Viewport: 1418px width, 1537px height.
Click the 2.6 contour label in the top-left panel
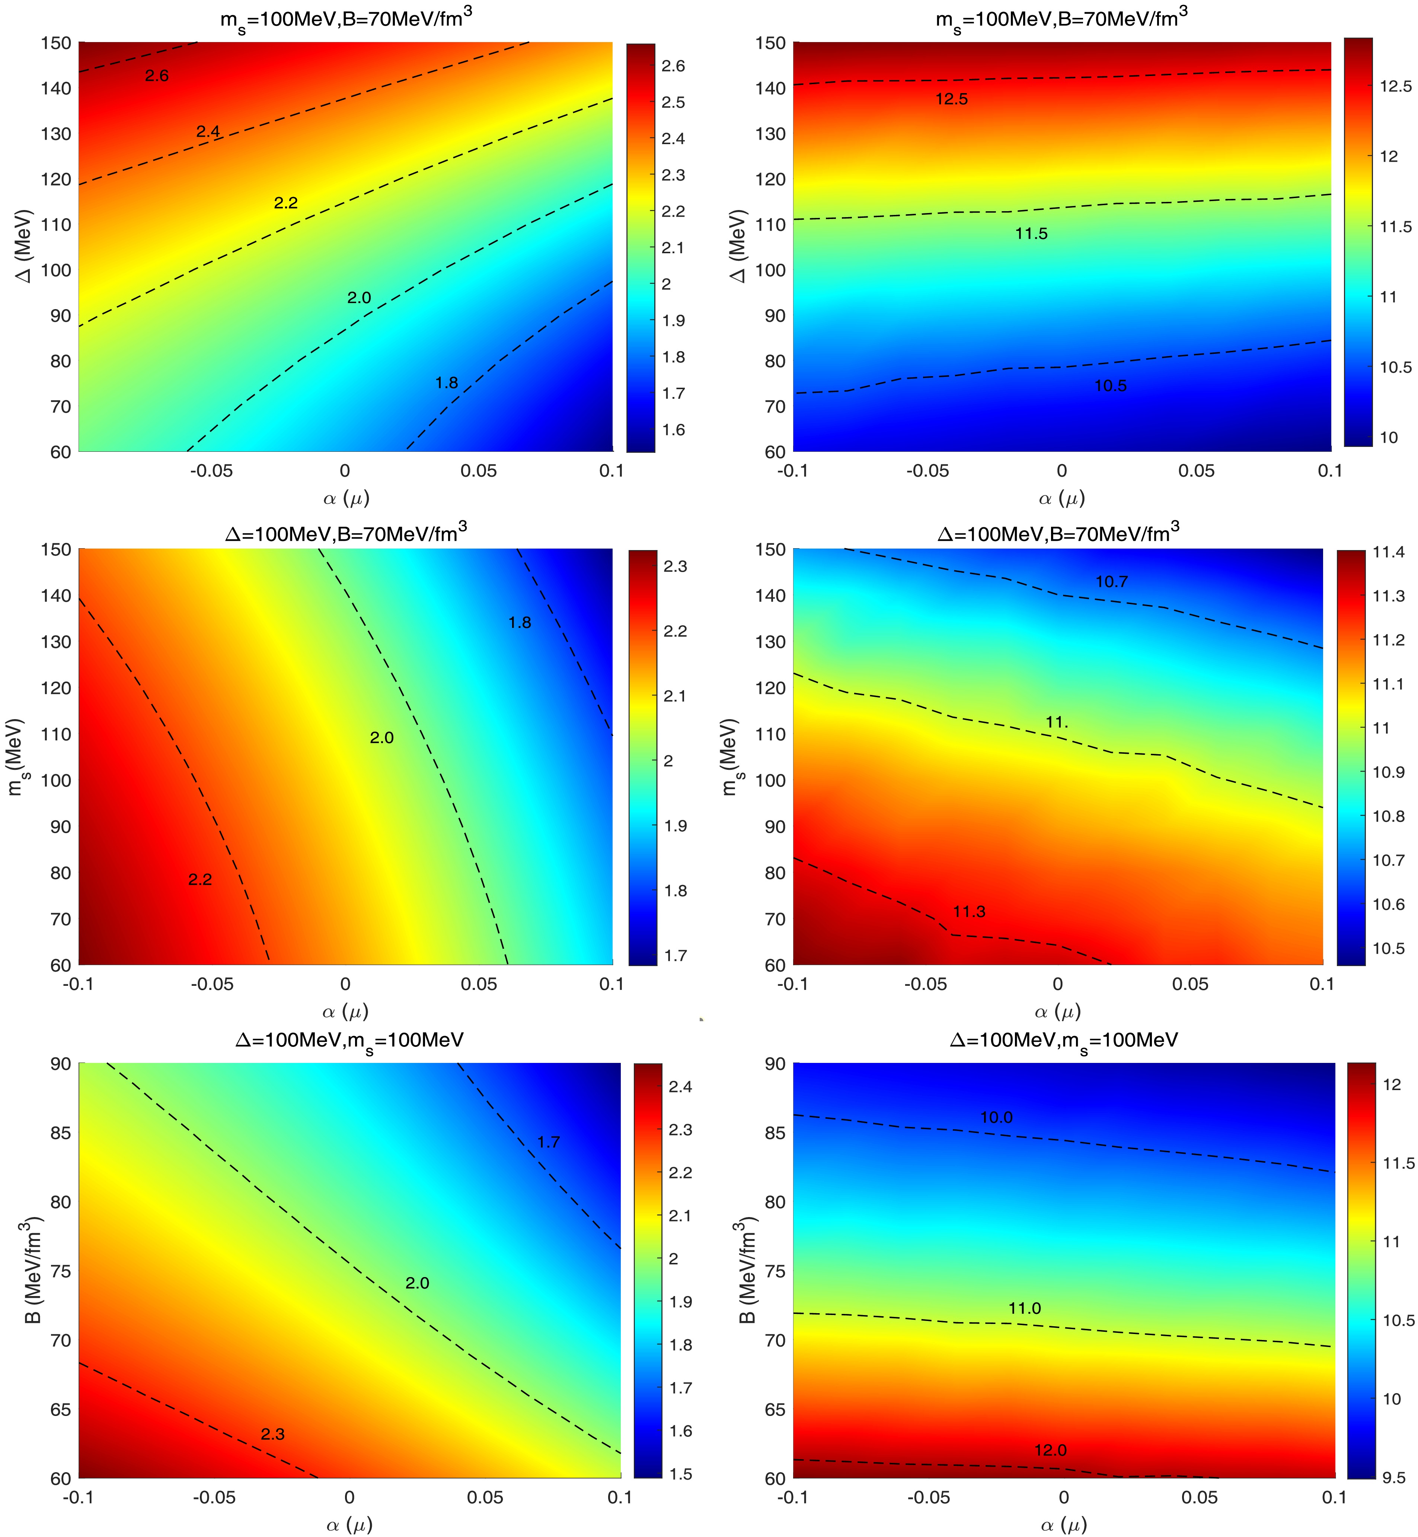[157, 75]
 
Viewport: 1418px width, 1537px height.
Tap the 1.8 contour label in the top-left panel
[447, 382]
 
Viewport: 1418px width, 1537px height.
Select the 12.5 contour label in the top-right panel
[951, 99]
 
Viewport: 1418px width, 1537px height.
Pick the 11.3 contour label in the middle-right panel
[969, 911]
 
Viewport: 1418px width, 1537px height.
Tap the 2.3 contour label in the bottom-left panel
[272, 1434]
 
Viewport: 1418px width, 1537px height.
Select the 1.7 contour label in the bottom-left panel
[549, 1141]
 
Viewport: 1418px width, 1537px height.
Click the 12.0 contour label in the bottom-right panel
[1050, 1450]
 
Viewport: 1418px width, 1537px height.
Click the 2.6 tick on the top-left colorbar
[673, 66]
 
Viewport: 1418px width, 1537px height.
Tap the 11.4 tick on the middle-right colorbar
[1388, 552]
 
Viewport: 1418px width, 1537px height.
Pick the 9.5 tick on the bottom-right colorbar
[1393, 1478]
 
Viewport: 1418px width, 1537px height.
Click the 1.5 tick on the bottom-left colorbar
[680, 1474]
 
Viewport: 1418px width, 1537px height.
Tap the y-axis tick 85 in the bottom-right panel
[775, 1133]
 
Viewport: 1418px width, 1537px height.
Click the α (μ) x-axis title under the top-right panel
[1061, 499]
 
